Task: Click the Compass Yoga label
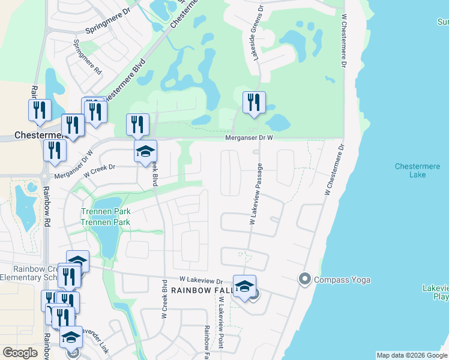click(x=342, y=280)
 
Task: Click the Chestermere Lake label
click(x=411, y=170)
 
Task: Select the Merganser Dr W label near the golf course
click(x=249, y=137)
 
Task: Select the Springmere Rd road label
click(x=86, y=57)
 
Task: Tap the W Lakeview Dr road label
click(x=200, y=280)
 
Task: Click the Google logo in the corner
click(x=20, y=353)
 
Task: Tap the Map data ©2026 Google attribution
click(x=412, y=355)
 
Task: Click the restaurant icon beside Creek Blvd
click(x=137, y=124)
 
